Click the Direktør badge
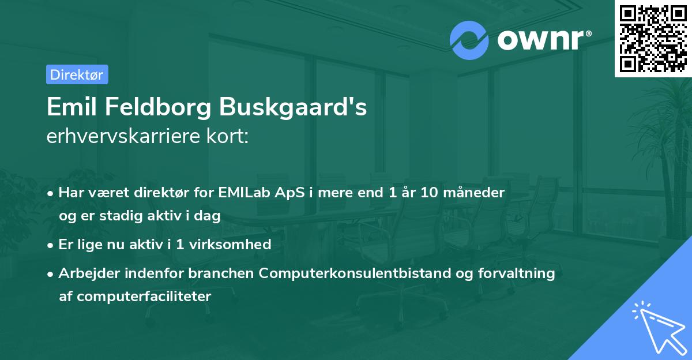coord(77,74)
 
